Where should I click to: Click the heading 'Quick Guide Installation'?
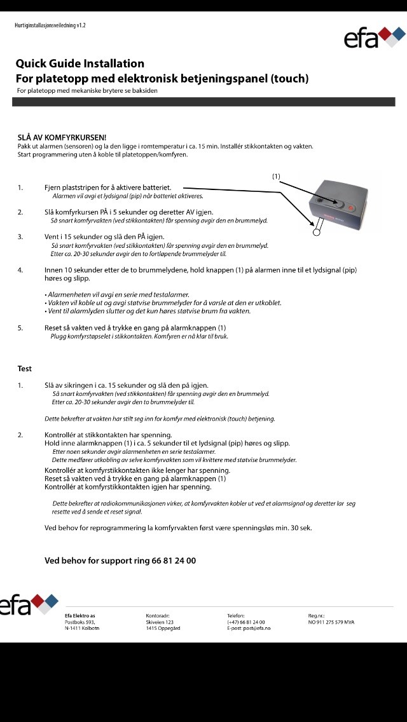pyautogui.click(x=80, y=64)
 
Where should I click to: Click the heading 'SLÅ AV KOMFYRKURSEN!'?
pyautogui.click(x=62, y=137)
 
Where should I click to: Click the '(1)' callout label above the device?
pyautogui.click(x=276, y=176)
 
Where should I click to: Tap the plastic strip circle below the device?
pyautogui.click(x=316, y=233)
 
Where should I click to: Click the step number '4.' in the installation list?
pyautogui.click(x=20, y=270)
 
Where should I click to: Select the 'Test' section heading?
pyautogui.click(x=25, y=369)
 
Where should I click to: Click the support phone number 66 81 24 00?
pyautogui.click(x=174, y=561)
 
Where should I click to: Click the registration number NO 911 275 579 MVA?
pyautogui.click(x=331, y=622)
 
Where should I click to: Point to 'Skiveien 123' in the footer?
pyautogui.click(x=160, y=622)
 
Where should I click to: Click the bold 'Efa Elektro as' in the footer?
pyautogui.click(x=80, y=615)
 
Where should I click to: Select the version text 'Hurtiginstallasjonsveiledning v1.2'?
pyautogui.click(x=50, y=25)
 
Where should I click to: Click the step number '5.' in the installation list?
pyautogui.click(x=20, y=328)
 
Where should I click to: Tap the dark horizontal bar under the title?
pyautogui.click(x=203, y=102)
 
